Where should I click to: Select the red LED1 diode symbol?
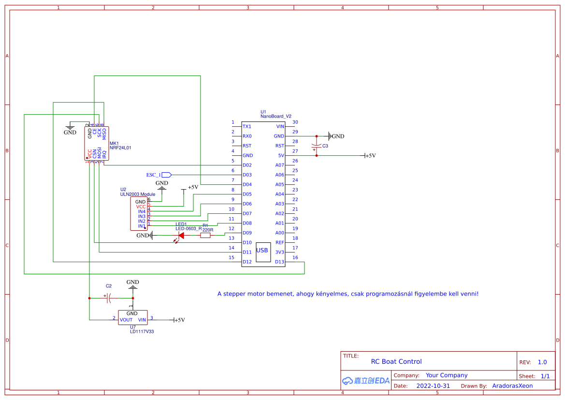tap(181, 236)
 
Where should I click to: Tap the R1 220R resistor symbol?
tap(205, 236)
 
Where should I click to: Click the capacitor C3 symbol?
tap(317, 146)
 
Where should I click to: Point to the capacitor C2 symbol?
tap(109, 298)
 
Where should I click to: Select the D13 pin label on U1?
tap(279, 262)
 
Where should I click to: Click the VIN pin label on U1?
tap(280, 126)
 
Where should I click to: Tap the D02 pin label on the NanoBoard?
tap(247, 165)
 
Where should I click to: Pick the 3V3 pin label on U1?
tap(279, 252)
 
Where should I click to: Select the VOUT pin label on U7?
tap(126, 320)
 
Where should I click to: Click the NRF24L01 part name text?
tap(120, 148)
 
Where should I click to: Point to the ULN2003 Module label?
tap(138, 194)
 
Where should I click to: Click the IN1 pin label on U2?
tap(142, 226)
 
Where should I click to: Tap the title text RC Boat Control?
tap(396, 361)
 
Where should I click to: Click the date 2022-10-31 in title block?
tap(433, 386)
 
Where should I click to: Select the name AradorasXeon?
tap(512, 386)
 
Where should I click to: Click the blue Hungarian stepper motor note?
tap(348, 294)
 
